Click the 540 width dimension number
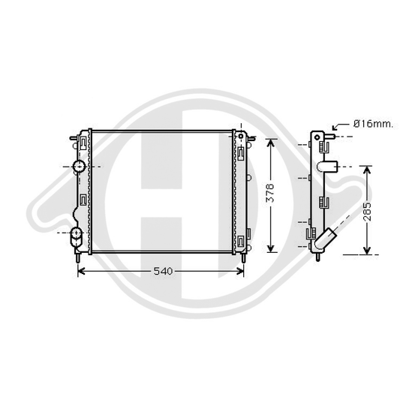coord(164,271)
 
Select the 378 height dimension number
coord(270,193)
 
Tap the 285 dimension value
coord(367,212)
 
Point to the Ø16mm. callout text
coord(373,125)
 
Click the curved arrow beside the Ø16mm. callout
coord(340,126)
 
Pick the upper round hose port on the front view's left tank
coord(79,167)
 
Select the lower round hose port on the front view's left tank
coord(76,233)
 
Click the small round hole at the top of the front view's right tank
coord(241,137)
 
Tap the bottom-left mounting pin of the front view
coord(78,258)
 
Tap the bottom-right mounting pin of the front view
coord(243,258)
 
